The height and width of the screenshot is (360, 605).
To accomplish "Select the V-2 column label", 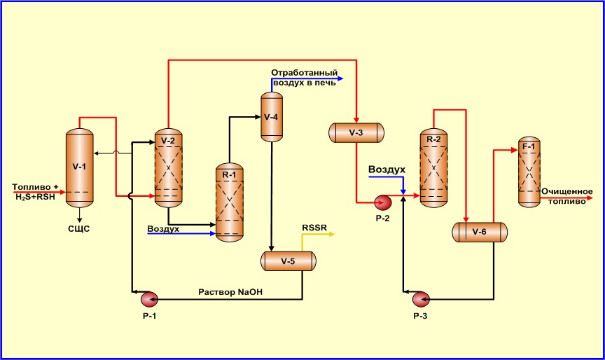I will coord(167,141).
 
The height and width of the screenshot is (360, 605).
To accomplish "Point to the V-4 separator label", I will coord(272,116).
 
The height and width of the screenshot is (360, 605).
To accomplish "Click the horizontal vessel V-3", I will coord(356,132).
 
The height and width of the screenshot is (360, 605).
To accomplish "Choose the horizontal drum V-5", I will coord(288,261).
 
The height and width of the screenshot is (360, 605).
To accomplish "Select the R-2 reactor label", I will coord(433,139).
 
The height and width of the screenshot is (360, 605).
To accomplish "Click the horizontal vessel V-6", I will coord(479,232).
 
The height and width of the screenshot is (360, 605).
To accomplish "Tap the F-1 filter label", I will coord(529,146).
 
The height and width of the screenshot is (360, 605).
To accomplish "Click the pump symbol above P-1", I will coord(149,300).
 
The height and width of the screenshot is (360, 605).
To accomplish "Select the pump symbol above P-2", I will coord(383,202).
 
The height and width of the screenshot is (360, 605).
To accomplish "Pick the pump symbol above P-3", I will coord(420,300).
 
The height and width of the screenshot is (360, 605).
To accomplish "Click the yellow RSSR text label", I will coord(314,228).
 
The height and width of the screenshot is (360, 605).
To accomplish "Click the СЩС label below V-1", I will coord(78,228).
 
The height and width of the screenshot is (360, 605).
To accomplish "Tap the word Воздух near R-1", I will coord(163,228).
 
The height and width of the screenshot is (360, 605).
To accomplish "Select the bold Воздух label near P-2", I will coord(387,169).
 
